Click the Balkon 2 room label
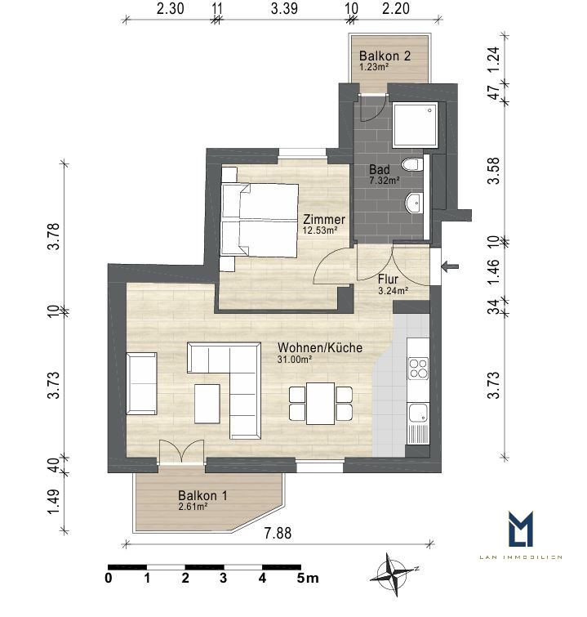[385, 60]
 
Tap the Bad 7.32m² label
[385, 175]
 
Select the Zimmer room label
[323, 224]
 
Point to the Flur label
[393, 284]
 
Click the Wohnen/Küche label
[320, 352]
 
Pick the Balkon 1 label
[202, 500]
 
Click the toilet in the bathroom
[412, 163]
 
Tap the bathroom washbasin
[413, 203]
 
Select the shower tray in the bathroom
[415, 125]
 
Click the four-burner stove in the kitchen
[418, 368]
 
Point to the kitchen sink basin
[418, 413]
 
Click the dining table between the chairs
[320, 404]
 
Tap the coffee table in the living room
[207, 404]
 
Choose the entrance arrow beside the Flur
[450, 266]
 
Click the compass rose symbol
[394, 575]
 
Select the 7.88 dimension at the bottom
[278, 533]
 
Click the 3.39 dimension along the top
[284, 9]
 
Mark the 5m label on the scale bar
[308, 578]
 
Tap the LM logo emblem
[521, 529]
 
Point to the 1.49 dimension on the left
[53, 501]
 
